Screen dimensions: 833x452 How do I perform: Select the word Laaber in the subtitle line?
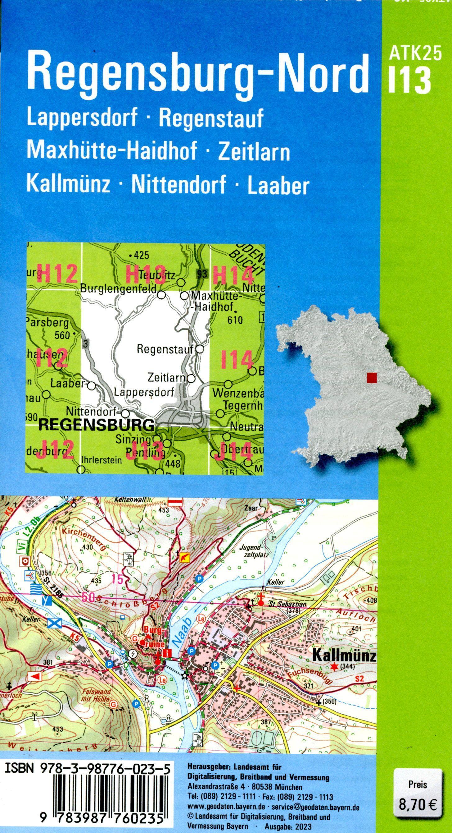[278, 185]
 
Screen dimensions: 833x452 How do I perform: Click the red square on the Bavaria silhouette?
[372, 377]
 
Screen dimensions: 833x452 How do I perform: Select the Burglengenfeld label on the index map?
[118, 288]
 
